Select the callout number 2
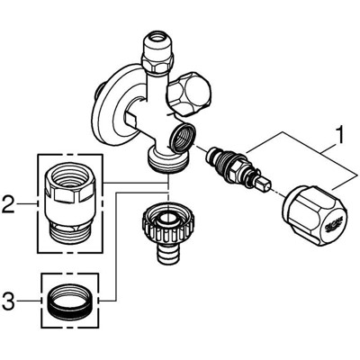(8, 205)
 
